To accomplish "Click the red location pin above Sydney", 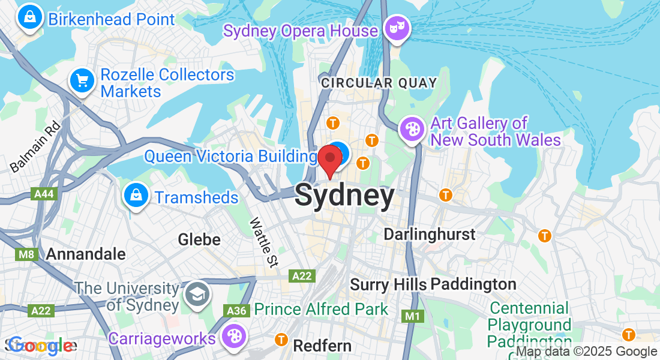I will [x=330, y=160].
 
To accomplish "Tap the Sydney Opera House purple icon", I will [x=397, y=28].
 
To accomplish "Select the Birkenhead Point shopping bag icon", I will [x=29, y=17].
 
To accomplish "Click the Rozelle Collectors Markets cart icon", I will [x=82, y=81].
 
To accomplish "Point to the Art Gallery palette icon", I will [x=412, y=129].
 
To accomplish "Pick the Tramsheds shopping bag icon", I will [x=136, y=196].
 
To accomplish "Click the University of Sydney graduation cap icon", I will [x=196, y=294].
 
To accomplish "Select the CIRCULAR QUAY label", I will [x=379, y=83].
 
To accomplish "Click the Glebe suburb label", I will [x=199, y=240].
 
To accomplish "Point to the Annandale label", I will [x=86, y=254].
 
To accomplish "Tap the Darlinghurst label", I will [x=429, y=234].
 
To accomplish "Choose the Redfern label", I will [x=322, y=346].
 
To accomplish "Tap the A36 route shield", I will [x=236, y=310].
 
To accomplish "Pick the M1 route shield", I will [x=412, y=316].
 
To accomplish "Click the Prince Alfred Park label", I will [x=321, y=310].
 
